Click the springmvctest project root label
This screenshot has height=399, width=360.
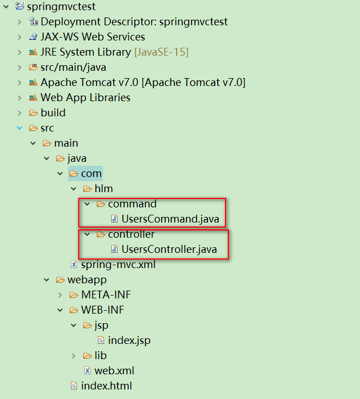(61, 7)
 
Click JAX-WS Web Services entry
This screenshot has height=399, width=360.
(92, 37)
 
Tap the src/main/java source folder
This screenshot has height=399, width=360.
(73, 67)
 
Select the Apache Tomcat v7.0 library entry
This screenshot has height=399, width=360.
(142, 83)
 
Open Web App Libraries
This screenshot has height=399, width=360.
(85, 98)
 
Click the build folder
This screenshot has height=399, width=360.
(53, 113)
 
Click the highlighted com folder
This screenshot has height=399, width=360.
(91, 174)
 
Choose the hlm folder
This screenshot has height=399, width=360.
(103, 189)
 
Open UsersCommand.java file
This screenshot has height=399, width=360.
(170, 219)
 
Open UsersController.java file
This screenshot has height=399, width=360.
(169, 249)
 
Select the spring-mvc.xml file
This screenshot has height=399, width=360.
(118, 264)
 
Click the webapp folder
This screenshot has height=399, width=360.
(87, 279)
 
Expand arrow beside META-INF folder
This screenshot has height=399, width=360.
(60, 294)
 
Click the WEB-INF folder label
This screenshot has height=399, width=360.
(102, 310)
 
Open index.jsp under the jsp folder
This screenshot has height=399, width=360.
(129, 340)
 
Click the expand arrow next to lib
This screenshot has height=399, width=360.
(74, 355)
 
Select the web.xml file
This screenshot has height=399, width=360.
(114, 370)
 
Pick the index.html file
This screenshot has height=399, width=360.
(106, 386)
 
